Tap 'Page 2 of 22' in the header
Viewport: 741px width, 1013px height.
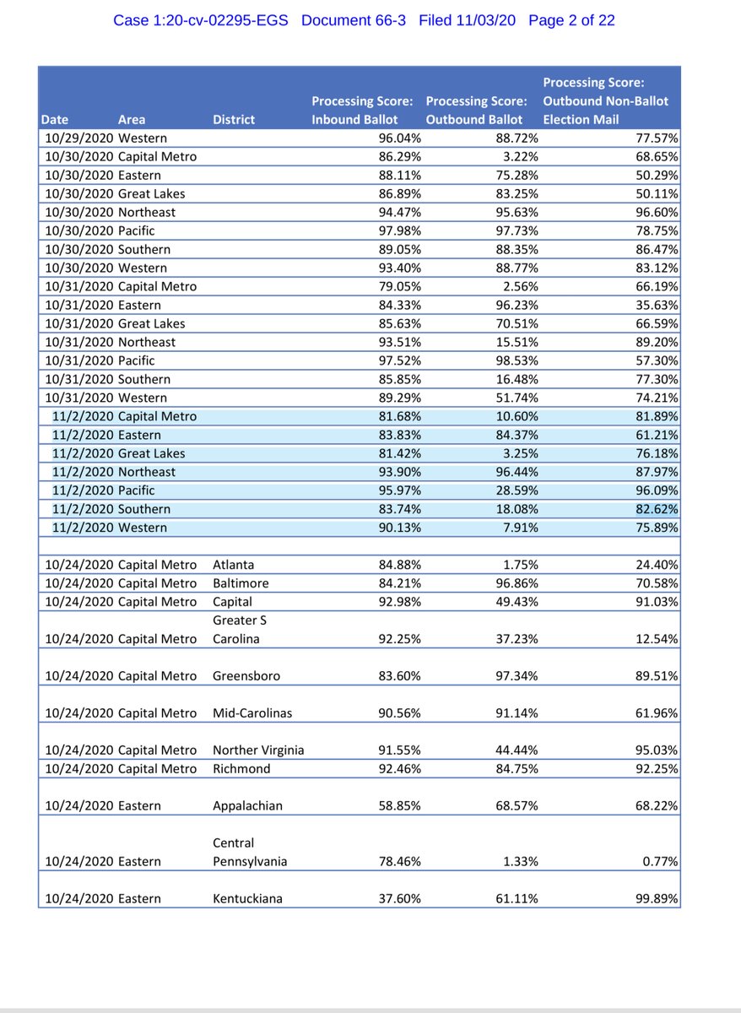[571, 20]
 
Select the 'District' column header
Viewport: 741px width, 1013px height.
[234, 120]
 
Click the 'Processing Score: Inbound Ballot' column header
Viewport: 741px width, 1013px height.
[363, 111]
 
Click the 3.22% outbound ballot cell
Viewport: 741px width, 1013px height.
[520, 156]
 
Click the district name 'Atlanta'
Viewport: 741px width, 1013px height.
[234, 565]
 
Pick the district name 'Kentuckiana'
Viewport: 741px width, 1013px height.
[247, 899]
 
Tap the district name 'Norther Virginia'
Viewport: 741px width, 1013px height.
[258, 750]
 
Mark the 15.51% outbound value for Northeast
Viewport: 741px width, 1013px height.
[517, 342]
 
